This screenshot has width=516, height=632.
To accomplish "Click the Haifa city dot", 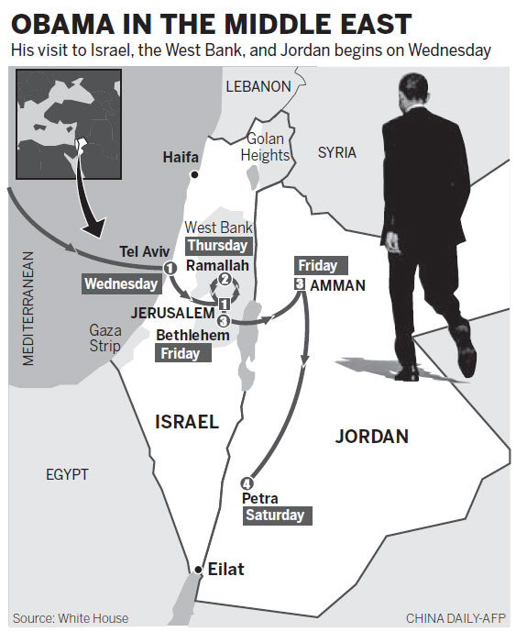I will pyautogui.click(x=194, y=173).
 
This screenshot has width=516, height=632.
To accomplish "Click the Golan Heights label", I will pyautogui.click(x=265, y=147).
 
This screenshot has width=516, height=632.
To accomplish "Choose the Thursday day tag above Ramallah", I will pyautogui.click(x=217, y=246).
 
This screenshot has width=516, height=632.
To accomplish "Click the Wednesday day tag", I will pyautogui.click(x=121, y=284).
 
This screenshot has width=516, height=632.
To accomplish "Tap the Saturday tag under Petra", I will pyautogui.click(x=274, y=516).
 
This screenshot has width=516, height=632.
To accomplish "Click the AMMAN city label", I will pyautogui.click(x=337, y=285).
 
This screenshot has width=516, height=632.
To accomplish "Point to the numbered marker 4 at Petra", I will pyautogui.click(x=245, y=483).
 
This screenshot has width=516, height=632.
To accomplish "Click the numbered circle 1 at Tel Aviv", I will pyautogui.click(x=170, y=267).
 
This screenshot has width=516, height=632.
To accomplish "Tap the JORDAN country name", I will pyautogui.click(x=371, y=436).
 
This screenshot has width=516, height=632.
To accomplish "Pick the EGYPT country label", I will pyautogui.click(x=67, y=474).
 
